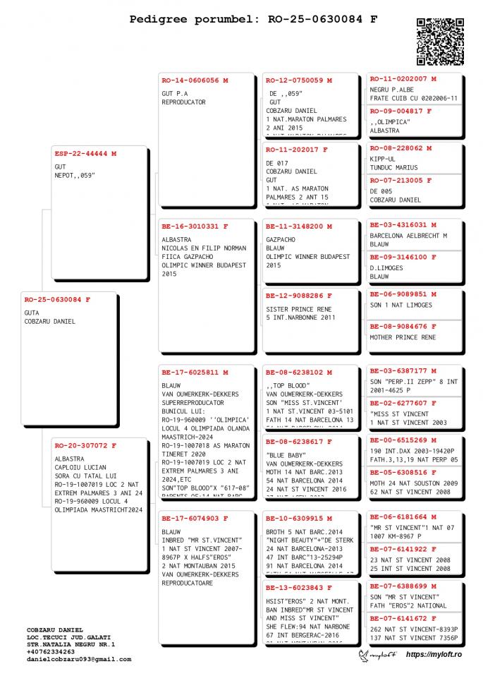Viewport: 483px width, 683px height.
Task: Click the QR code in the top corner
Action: [440, 41]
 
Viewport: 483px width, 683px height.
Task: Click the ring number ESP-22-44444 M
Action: [85, 153]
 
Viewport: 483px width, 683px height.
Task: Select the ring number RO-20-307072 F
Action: [85, 445]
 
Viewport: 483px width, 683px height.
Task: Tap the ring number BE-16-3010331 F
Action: [195, 226]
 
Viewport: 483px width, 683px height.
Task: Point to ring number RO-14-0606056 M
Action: [195, 80]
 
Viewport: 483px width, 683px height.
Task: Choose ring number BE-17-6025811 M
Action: [195, 372]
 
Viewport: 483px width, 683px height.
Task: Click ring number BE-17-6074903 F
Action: [195, 519]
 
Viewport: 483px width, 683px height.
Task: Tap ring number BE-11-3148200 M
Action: [299, 226]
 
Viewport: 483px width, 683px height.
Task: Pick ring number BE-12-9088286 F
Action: [299, 296]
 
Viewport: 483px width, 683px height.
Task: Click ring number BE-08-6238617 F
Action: [299, 442]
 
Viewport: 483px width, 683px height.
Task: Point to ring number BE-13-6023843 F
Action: [299, 588]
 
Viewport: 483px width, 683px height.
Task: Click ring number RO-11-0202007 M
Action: [403, 79]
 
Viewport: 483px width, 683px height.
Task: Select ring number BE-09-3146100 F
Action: [403, 258]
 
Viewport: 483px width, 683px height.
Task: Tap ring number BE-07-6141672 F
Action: [403, 619]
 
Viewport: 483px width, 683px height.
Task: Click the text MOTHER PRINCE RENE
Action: [403, 337]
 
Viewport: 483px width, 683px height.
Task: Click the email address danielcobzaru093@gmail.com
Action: [79, 660]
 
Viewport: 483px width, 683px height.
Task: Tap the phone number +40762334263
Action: [51, 652]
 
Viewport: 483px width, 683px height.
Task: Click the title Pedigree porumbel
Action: [195, 19]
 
